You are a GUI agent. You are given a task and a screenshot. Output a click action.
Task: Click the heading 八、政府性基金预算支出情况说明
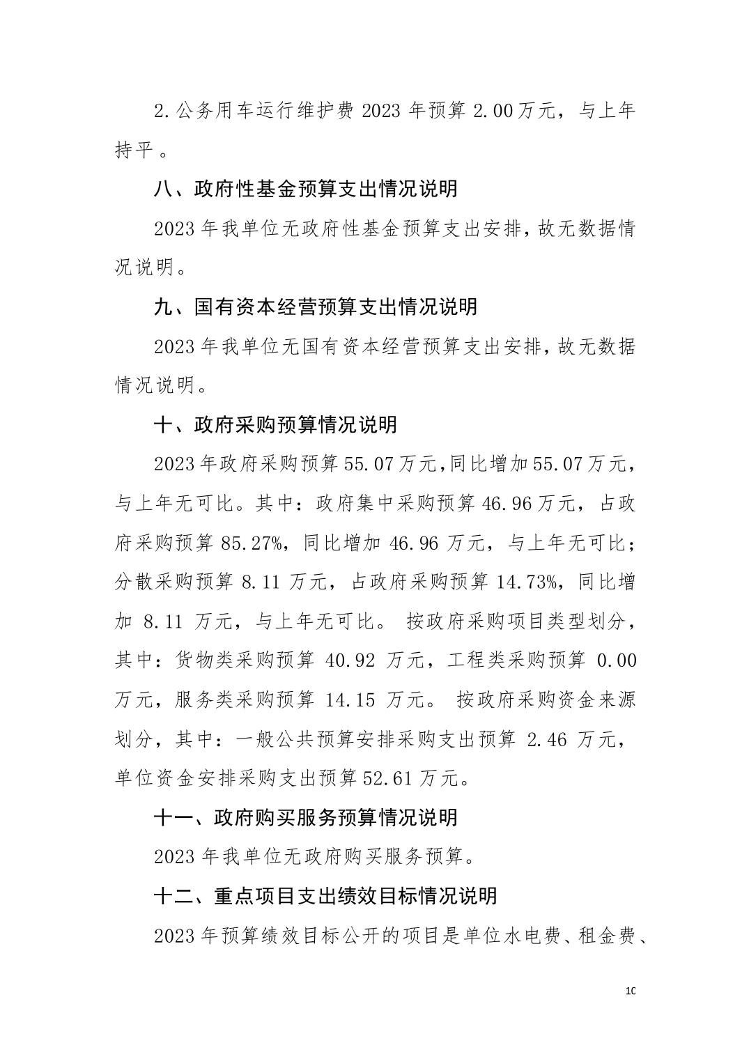point(305,189)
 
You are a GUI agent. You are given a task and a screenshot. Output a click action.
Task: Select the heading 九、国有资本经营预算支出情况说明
point(315,307)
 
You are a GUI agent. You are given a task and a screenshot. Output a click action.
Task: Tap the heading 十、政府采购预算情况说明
point(275,424)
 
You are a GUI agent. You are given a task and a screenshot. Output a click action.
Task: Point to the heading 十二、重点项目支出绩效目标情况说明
point(325,895)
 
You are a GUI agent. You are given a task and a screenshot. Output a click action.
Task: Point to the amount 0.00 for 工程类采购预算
point(617,660)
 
